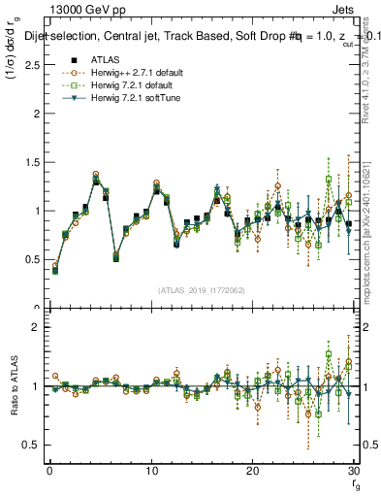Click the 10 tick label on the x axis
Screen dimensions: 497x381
[150, 471]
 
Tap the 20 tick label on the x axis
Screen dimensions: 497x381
[252, 471]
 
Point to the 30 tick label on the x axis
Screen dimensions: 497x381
[353, 471]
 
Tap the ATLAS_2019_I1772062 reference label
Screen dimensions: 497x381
[202, 289]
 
